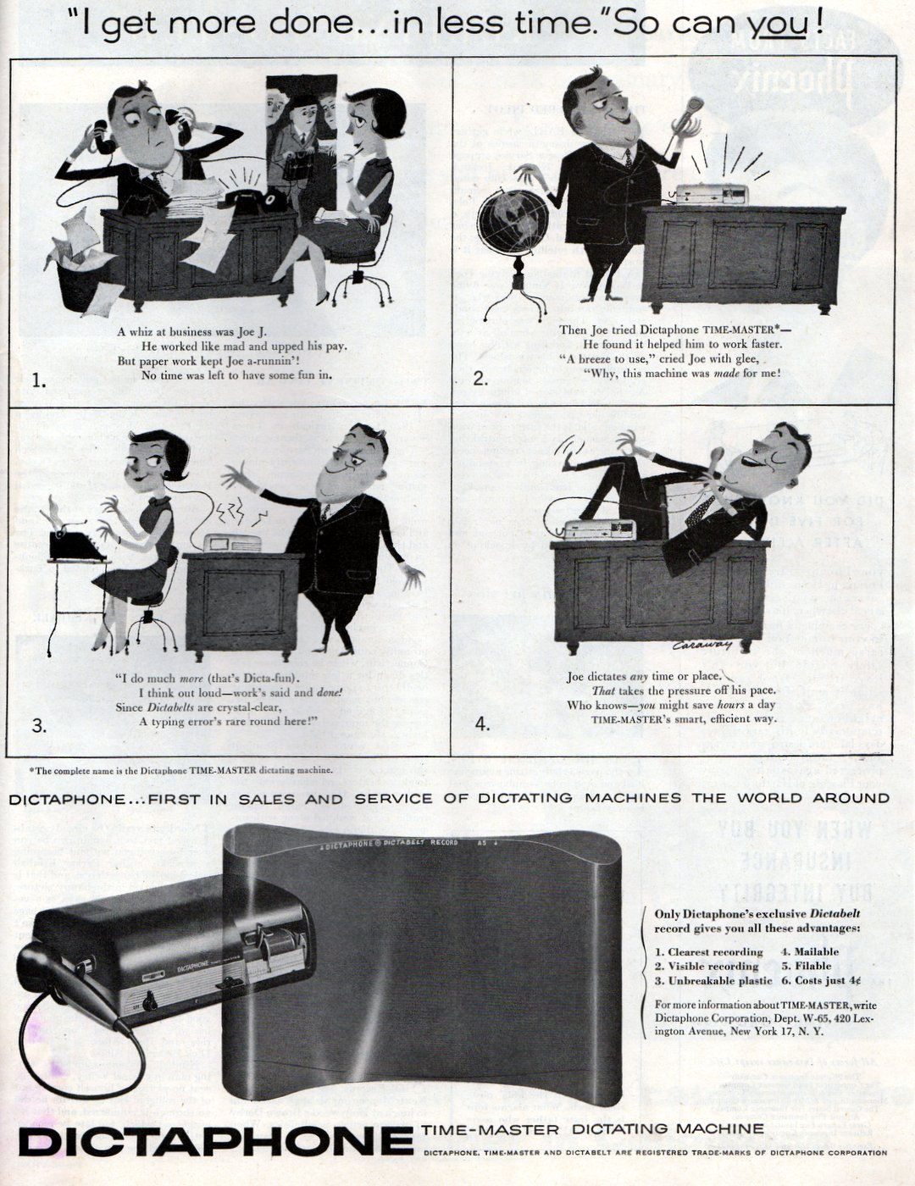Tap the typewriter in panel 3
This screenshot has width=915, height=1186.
(x=76, y=542)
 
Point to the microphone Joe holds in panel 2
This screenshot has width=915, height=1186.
(x=690, y=114)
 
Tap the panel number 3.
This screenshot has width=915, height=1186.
(x=38, y=725)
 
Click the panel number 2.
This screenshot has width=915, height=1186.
(x=480, y=379)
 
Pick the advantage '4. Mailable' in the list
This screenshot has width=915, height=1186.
(x=810, y=951)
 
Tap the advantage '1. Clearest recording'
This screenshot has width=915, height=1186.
(x=709, y=951)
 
